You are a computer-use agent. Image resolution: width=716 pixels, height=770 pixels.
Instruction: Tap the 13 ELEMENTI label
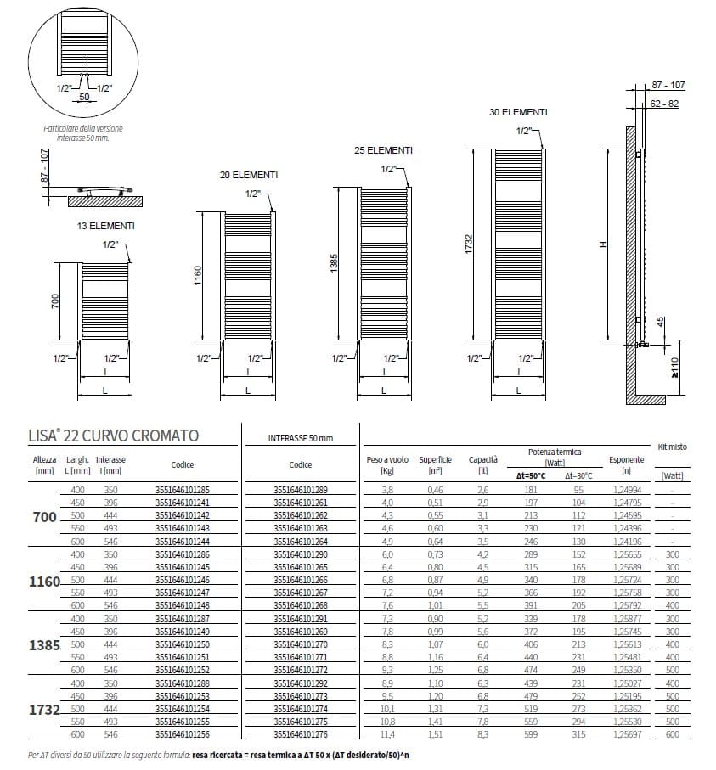point(105,226)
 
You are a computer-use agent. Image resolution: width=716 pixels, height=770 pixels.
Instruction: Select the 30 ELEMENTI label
point(518,112)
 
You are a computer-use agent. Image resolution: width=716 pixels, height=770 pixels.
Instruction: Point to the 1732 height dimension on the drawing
point(468,242)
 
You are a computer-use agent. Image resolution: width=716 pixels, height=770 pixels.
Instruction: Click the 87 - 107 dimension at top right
point(668,86)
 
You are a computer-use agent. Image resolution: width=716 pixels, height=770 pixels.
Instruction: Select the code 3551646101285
point(183,490)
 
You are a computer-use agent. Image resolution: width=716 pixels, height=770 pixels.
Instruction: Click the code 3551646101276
point(301,735)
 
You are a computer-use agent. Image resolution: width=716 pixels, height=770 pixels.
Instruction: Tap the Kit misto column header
point(672,447)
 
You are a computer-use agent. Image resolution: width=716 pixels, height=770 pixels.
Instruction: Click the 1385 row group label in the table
point(44,646)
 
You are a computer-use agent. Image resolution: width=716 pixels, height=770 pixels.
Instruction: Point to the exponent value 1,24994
point(626,490)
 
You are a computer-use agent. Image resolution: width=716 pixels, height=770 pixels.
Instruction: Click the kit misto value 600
point(673,735)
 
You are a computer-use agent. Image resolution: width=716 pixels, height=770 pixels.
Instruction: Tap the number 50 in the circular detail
point(83,97)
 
